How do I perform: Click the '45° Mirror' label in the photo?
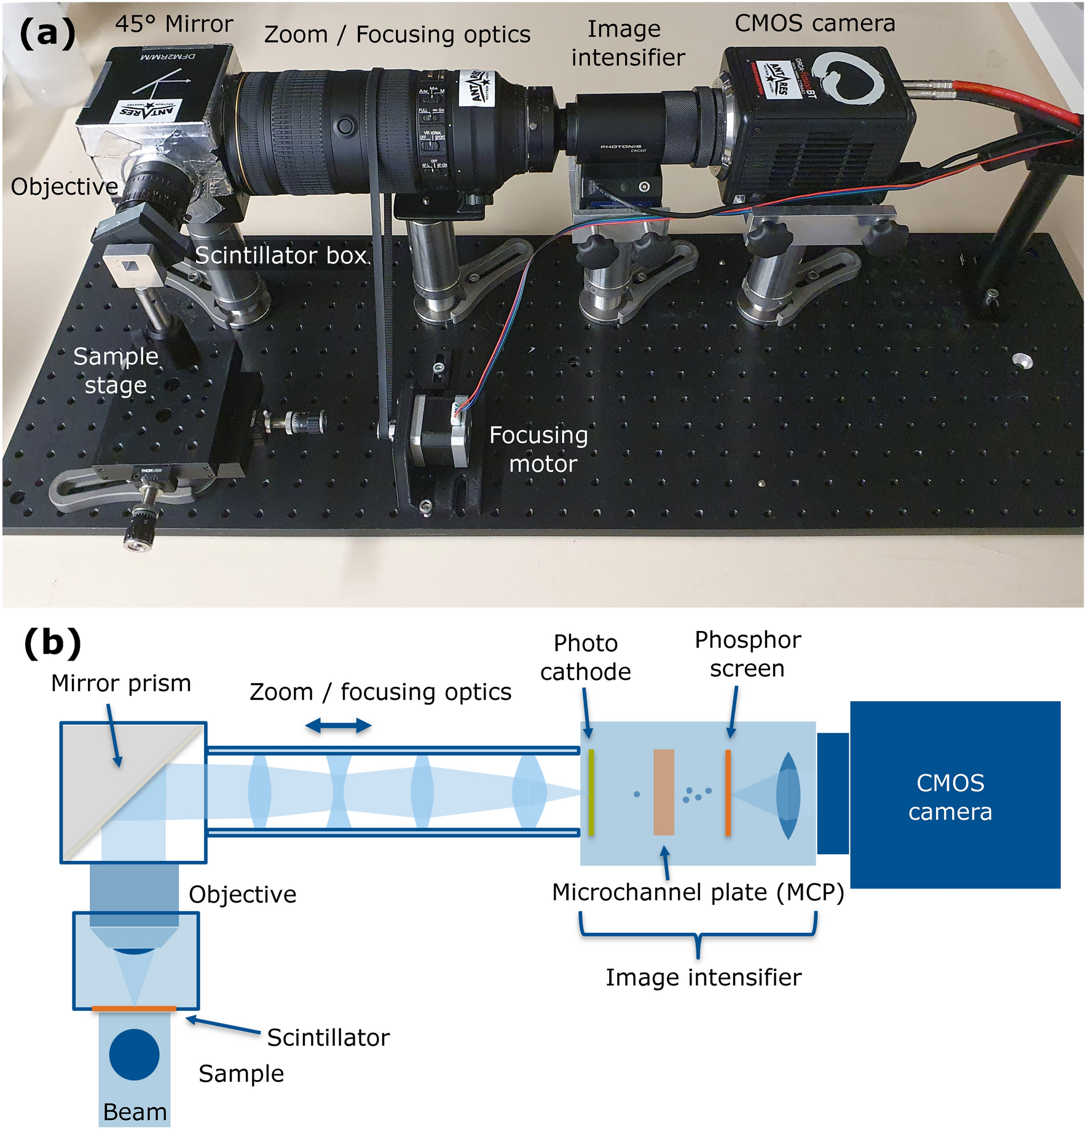pos(174,25)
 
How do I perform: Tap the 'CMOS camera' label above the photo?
pos(814,23)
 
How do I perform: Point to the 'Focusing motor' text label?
pos(538,449)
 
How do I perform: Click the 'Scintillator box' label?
pos(281,256)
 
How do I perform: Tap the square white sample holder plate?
pos(132,265)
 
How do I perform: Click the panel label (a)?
pos(47,33)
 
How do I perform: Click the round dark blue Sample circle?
pos(134,1054)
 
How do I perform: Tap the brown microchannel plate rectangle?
pos(663,792)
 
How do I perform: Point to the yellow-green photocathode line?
pos(591,792)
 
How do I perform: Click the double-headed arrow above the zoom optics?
pos(338,726)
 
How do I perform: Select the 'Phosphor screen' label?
pos(747,654)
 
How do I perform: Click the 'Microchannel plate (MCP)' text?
pos(698,892)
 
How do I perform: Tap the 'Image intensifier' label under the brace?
pos(703,978)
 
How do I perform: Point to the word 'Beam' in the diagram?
pos(135,1112)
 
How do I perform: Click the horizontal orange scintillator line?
pos(134,1009)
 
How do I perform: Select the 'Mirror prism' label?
pos(121,683)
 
